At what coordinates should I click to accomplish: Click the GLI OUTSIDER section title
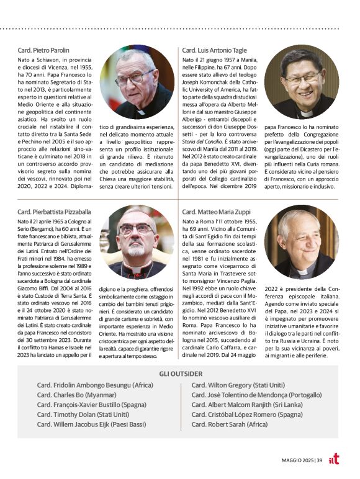[181, 374]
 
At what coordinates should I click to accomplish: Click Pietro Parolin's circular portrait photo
[137, 82]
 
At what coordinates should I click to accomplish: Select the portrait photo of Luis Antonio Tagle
[302, 82]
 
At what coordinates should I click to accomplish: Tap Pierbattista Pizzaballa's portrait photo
[137, 243]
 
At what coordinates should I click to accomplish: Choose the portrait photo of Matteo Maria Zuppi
[302, 243]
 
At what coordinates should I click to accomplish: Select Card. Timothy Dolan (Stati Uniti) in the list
[83, 414]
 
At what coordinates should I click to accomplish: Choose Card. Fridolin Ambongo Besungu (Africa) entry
[95, 384]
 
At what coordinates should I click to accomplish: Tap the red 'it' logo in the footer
[334, 459]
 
